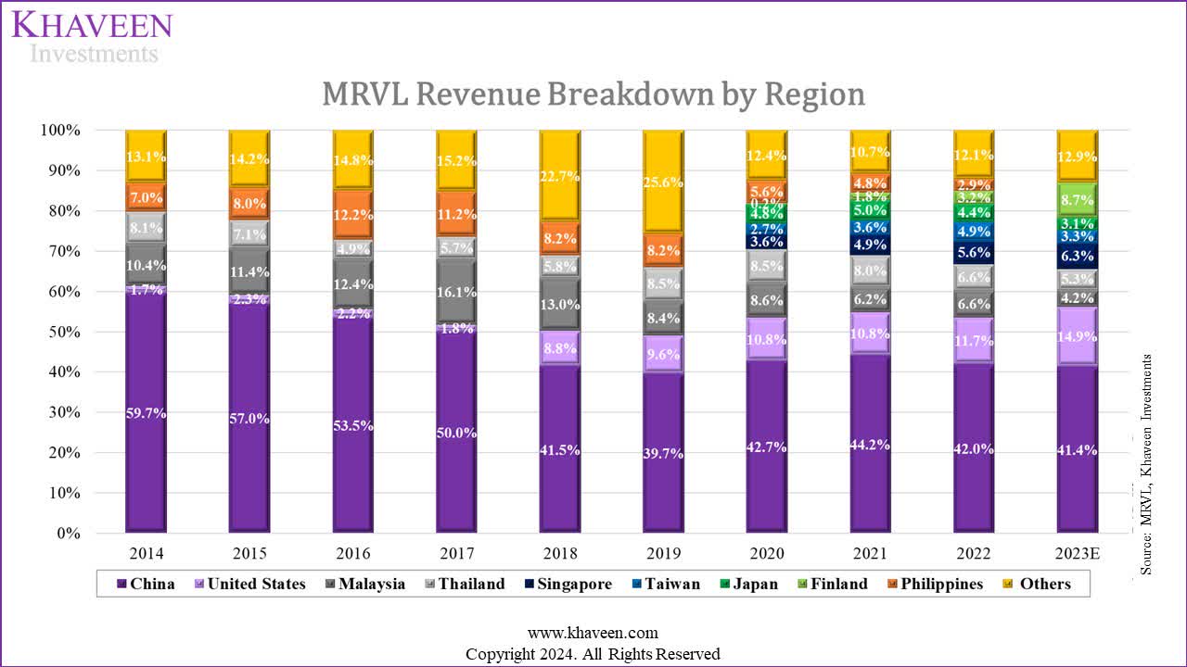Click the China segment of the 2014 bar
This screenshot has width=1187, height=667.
pyautogui.click(x=147, y=412)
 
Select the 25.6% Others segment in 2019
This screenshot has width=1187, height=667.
pyautogui.click(x=664, y=182)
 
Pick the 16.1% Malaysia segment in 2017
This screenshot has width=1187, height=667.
pyautogui.click(x=457, y=292)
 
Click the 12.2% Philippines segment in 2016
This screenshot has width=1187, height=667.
pyautogui.click(x=353, y=215)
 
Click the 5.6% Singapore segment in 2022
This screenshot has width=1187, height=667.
pyautogui.click(x=974, y=253)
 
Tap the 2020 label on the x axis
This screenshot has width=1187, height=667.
pyautogui.click(x=767, y=553)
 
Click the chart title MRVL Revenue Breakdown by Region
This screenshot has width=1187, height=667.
pyautogui.click(x=593, y=94)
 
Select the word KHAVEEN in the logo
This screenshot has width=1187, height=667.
pyautogui.click(x=92, y=24)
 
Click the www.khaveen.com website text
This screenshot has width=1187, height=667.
pyautogui.click(x=593, y=634)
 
